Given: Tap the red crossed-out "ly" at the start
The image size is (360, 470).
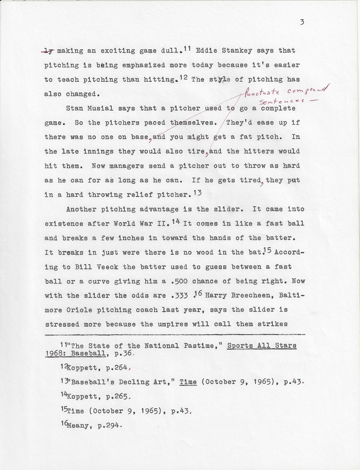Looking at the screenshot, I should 49,51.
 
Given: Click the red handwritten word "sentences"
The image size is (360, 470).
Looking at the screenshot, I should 277,101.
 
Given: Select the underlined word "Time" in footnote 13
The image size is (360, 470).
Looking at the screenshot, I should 188,383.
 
